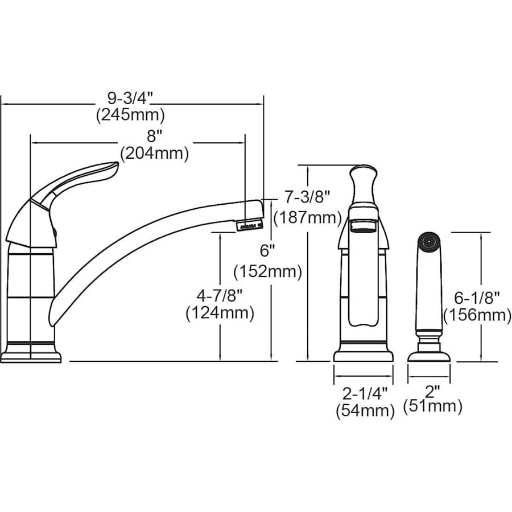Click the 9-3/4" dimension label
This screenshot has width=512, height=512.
point(130,98)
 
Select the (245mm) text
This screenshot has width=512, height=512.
point(130,115)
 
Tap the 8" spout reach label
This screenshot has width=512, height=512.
point(152,136)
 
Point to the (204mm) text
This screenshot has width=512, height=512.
point(154,153)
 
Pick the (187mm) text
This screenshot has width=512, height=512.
point(308,217)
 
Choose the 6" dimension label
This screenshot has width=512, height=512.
point(267,251)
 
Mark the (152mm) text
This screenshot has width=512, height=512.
point(268,271)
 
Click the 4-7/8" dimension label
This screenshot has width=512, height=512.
point(220,296)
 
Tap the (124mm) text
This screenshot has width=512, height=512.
point(220,313)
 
